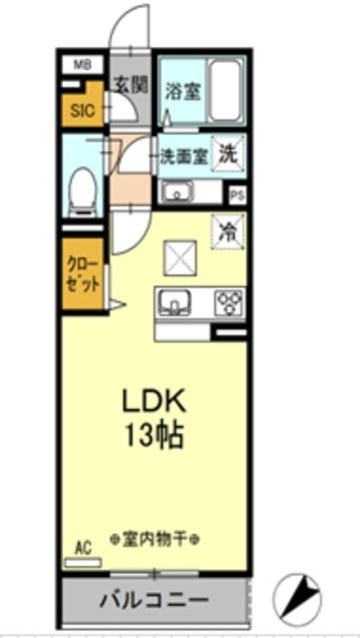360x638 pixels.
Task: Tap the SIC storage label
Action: (x=82, y=111)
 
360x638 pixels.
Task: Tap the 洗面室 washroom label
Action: (x=183, y=156)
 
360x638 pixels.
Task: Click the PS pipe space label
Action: (x=236, y=195)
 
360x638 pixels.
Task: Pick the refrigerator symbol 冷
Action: (x=227, y=228)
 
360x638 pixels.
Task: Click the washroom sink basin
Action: (x=180, y=191)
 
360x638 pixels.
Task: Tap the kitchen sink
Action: (x=177, y=300)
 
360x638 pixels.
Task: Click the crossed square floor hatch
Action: (x=180, y=260)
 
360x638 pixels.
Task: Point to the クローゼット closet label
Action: (x=84, y=274)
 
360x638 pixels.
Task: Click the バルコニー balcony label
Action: (x=154, y=601)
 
